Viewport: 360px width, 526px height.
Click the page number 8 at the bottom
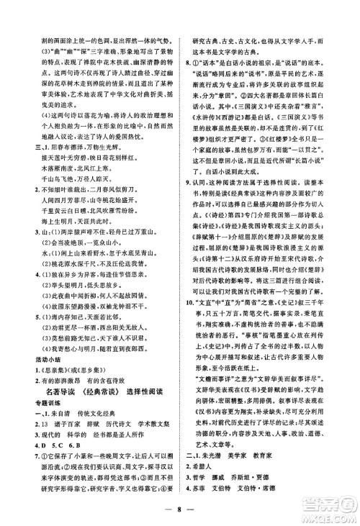click(181, 512)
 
